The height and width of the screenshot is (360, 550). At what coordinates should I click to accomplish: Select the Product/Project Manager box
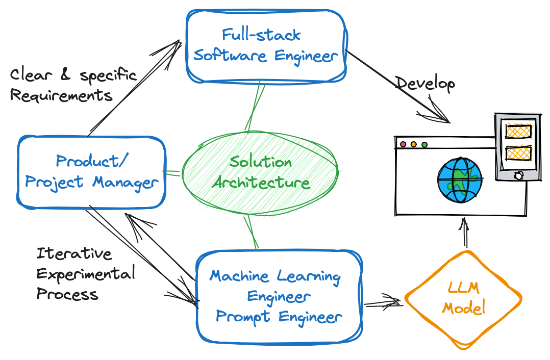(x=92, y=172)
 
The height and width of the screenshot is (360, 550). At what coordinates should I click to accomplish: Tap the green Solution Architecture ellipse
(x=260, y=172)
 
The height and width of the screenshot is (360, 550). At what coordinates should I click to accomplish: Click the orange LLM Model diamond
(x=463, y=298)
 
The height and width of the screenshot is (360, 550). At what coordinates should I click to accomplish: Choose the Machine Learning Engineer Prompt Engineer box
(x=278, y=296)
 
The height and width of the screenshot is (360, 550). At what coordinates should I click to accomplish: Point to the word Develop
(x=425, y=84)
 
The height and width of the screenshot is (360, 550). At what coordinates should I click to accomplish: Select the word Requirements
(x=61, y=95)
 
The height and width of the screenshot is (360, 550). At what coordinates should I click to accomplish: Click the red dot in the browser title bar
(x=403, y=144)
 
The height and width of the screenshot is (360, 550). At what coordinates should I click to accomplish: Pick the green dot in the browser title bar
(x=424, y=144)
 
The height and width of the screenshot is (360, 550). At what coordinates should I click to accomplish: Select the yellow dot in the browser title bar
(x=414, y=144)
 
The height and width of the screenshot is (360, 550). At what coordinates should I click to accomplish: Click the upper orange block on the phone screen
(x=518, y=131)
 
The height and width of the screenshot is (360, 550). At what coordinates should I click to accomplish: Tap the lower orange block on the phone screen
(x=518, y=153)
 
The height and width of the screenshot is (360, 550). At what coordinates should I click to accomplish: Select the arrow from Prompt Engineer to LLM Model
(x=383, y=303)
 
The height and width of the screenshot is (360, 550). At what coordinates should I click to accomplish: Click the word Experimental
(x=86, y=274)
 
